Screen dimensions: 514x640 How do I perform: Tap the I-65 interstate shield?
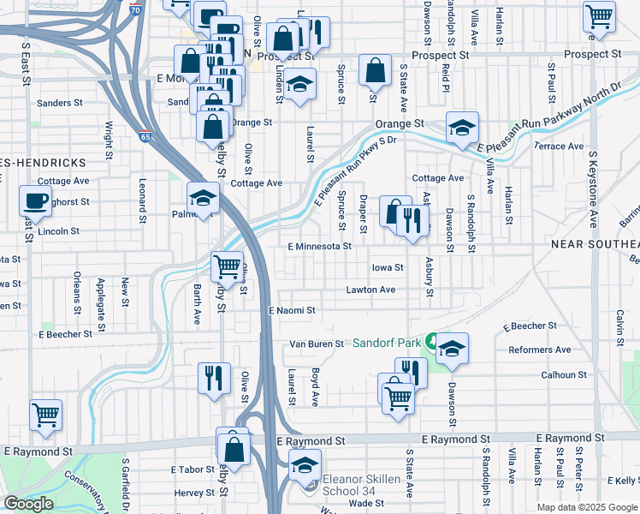pyautogui.click(x=145, y=136)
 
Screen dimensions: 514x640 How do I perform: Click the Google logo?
pyautogui.click(x=27, y=504)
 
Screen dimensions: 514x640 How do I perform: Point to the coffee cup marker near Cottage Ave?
pyautogui.click(x=35, y=201)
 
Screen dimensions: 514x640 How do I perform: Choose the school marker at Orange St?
pyautogui.click(x=462, y=128)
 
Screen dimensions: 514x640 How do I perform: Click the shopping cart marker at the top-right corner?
pyautogui.click(x=599, y=15)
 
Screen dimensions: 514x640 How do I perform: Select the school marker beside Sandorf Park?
pyautogui.click(x=452, y=349)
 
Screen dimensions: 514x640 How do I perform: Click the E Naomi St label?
pyautogui.click(x=293, y=310)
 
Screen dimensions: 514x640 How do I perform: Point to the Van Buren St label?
pyautogui.click(x=316, y=344)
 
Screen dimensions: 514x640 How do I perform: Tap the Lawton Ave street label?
pyautogui.click(x=370, y=290)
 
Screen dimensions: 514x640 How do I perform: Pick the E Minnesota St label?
pyautogui.click(x=319, y=246)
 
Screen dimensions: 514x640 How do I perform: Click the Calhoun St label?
pyautogui.click(x=563, y=374)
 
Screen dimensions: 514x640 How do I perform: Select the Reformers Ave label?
pyautogui.click(x=539, y=350)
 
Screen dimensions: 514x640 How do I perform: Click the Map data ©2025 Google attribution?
pyautogui.click(x=586, y=507)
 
